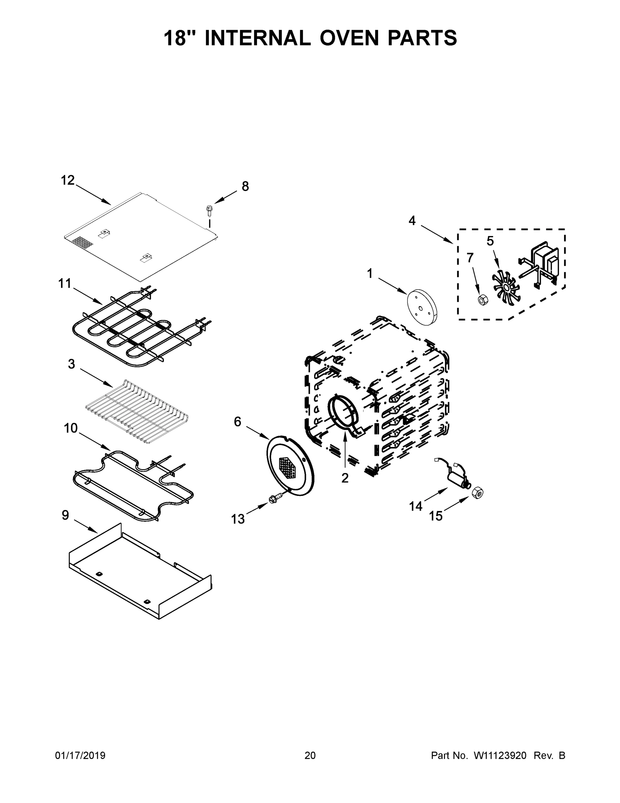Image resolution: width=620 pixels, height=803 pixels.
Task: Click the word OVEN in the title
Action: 349,38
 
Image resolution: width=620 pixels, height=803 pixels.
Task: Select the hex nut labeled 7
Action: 483,300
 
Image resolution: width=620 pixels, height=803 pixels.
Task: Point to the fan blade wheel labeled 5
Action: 505,284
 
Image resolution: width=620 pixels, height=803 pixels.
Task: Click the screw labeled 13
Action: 274,499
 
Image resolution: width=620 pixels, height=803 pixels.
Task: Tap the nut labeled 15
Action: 477,492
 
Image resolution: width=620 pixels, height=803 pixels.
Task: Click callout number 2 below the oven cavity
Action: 345,478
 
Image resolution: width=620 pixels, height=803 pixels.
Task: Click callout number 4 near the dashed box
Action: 412,221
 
